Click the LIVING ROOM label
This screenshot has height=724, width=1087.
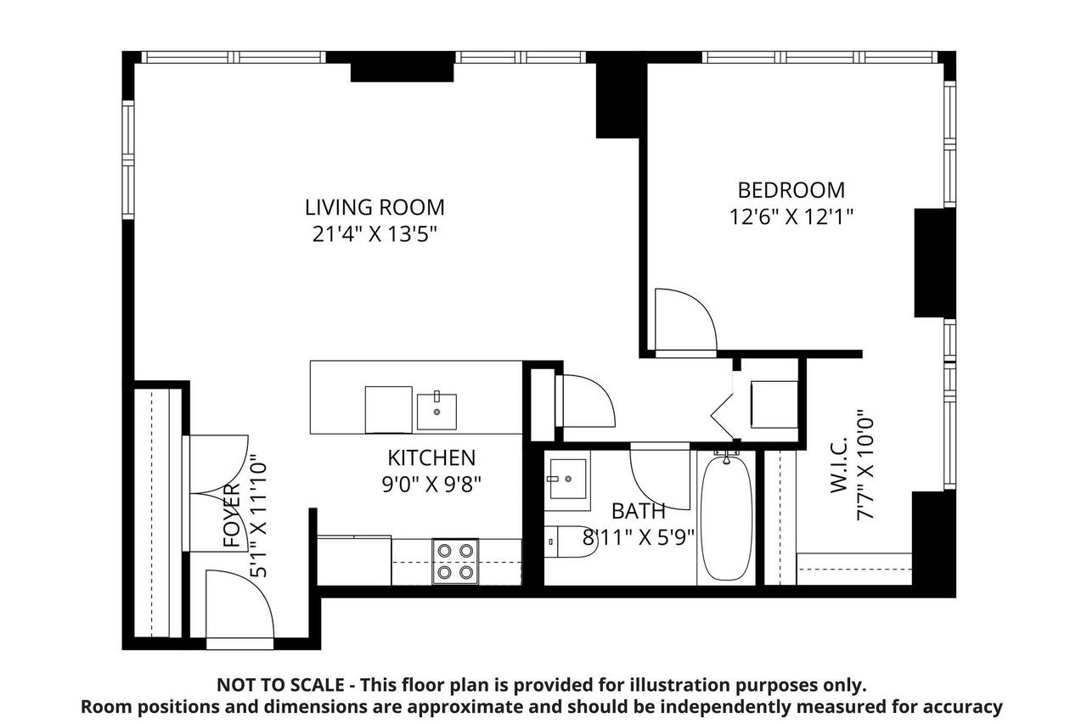[x=375, y=207]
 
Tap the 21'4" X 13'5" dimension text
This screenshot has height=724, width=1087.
[x=375, y=233]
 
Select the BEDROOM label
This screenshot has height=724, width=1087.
[x=791, y=190]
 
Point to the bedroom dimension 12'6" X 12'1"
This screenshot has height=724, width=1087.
[x=791, y=216]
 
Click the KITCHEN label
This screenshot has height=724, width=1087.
[x=431, y=458]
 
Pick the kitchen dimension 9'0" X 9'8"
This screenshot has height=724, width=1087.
[x=431, y=485]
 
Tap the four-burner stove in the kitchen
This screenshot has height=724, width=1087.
[x=454, y=561]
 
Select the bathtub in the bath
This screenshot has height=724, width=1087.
[x=725, y=518]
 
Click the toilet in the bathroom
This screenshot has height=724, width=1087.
[x=569, y=542]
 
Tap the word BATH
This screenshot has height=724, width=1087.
[x=639, y=511]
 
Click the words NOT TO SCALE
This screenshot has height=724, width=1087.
[x=280, y=685]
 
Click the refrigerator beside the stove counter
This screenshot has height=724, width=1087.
[x=353, y=560]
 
